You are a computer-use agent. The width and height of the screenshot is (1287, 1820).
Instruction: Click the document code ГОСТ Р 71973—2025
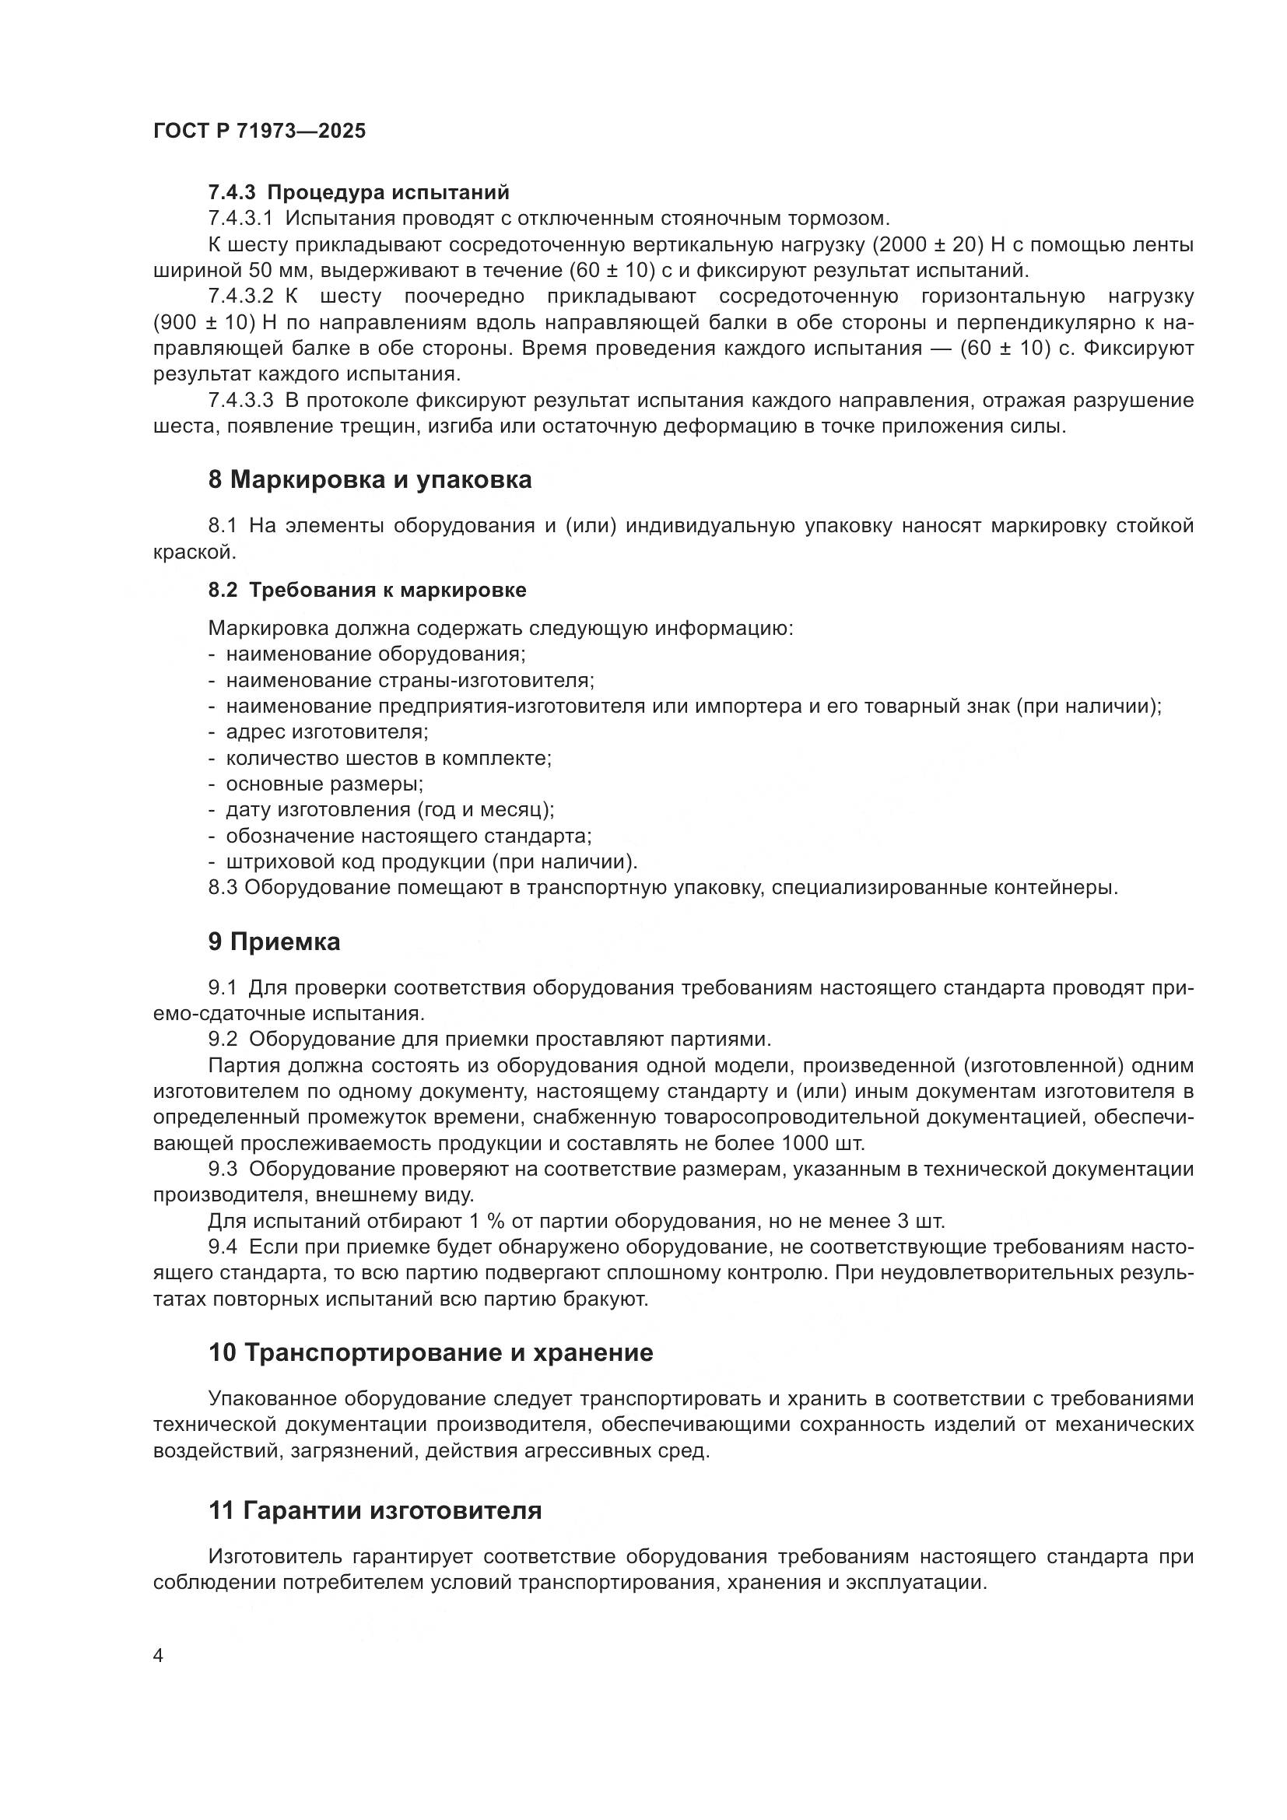click(x=259, y=132)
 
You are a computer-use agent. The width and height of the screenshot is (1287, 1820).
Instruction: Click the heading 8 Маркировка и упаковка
click(x=370, y=479)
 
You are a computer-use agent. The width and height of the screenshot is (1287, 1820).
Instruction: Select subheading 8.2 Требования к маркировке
click(x=367, y=590)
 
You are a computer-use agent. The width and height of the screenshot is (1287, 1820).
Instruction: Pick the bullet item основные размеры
click(x=324, y=784)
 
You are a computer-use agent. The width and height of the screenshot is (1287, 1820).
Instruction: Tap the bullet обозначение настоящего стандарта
click(x=409, y=836)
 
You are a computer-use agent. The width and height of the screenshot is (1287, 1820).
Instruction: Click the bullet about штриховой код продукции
click(x=431, y=861)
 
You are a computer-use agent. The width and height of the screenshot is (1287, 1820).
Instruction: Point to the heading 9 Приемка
click(x=274, y=942)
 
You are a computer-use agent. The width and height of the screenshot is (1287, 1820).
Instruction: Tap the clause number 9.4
click(x=223, y=1247)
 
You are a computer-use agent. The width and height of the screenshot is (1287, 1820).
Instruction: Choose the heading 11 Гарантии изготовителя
click(x=375, y=1511)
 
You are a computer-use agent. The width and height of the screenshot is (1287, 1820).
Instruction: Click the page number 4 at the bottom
click(x=159, y=1656)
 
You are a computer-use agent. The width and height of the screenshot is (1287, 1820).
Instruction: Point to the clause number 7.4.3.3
click(x=240, y=400)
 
